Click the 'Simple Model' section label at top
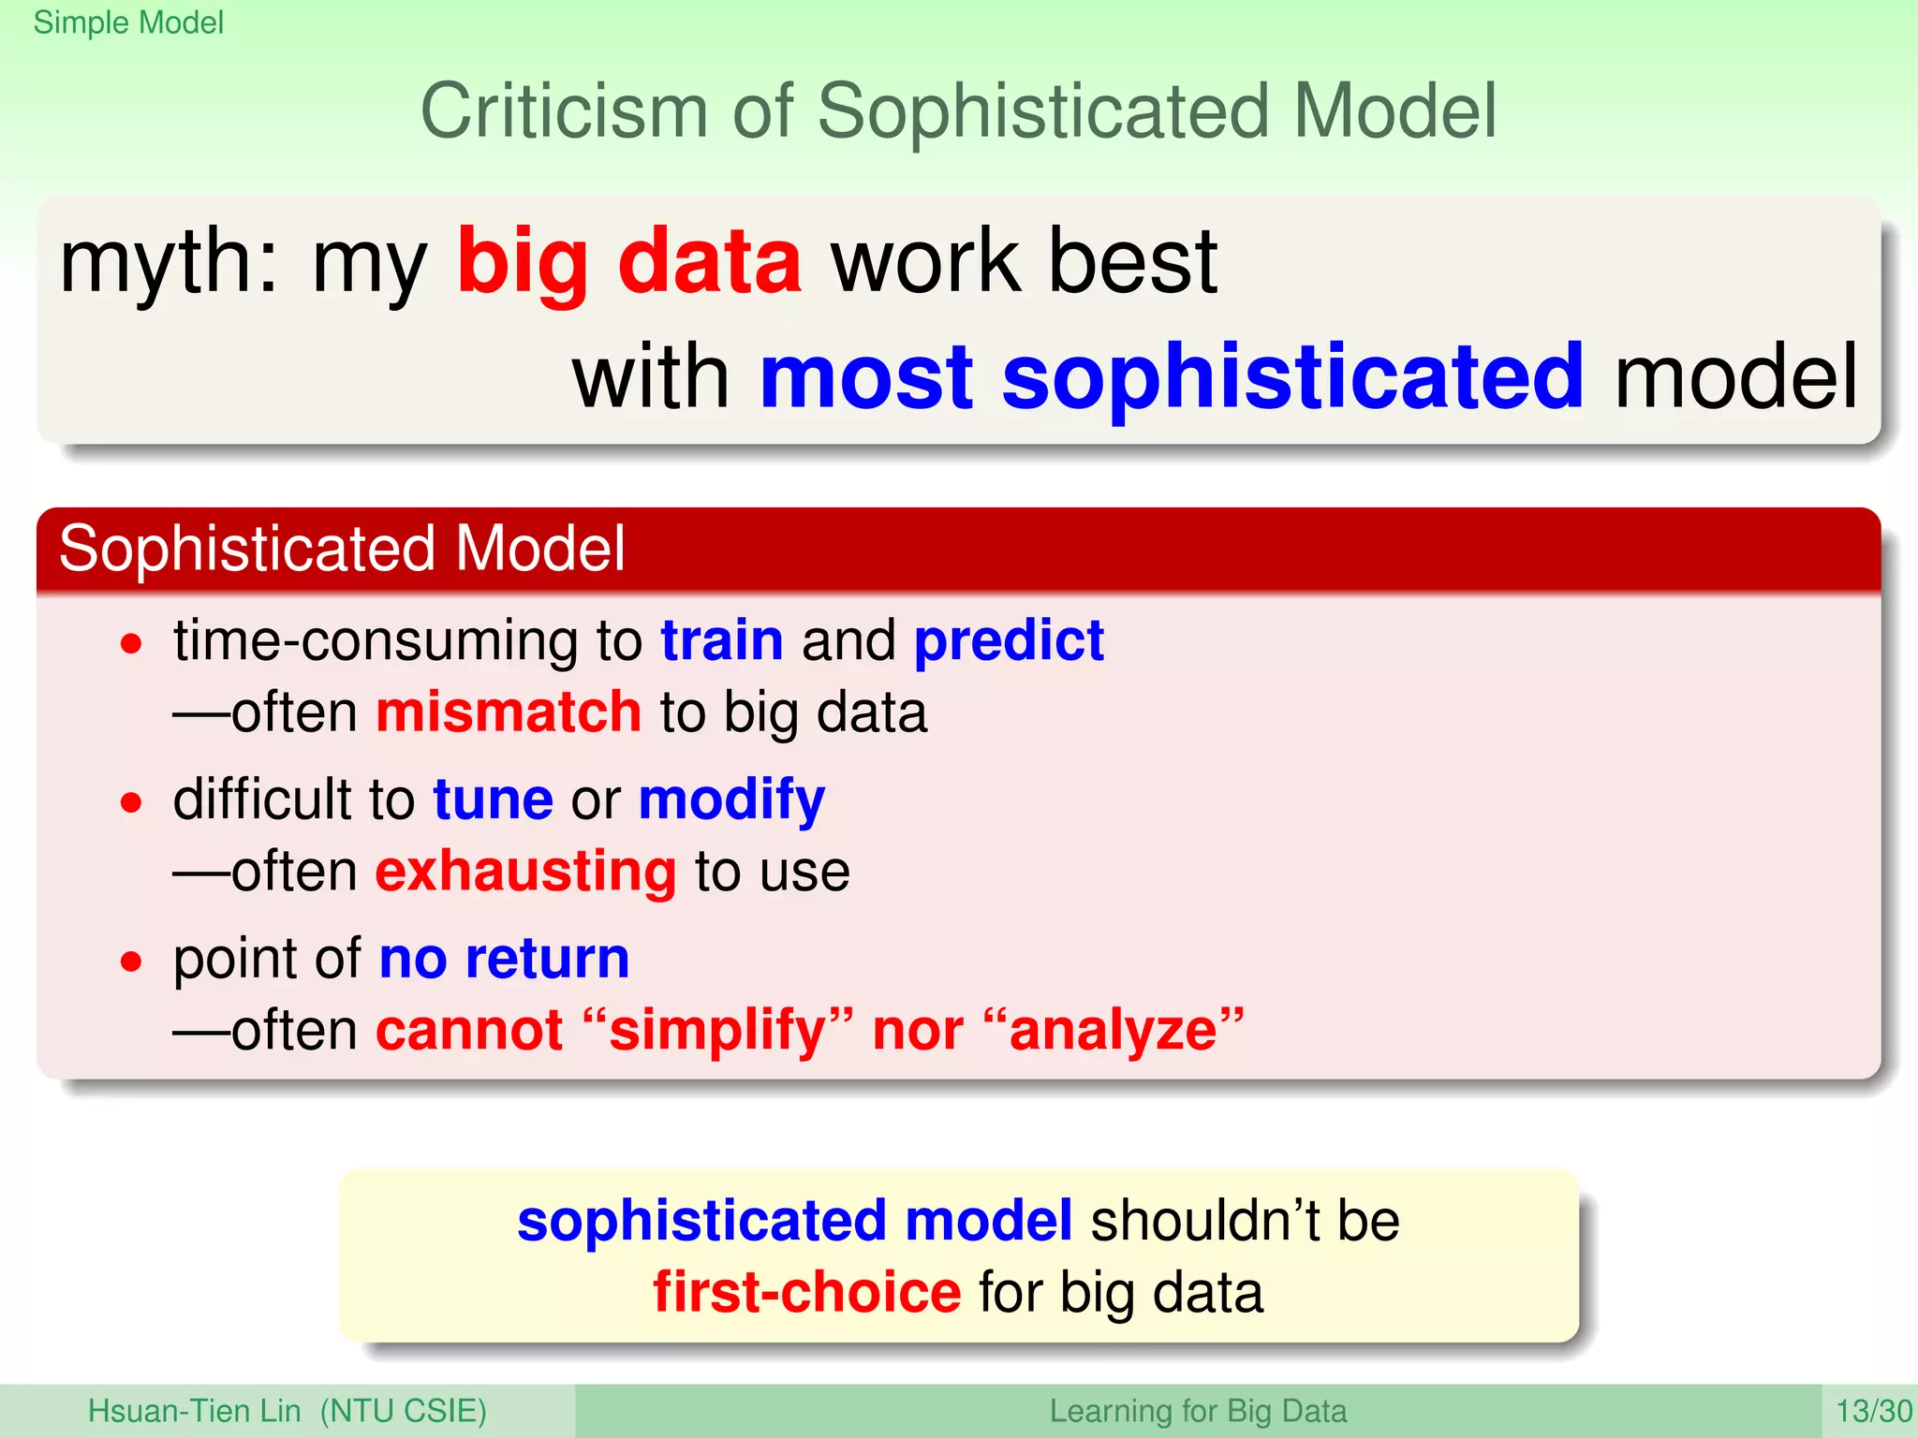(128, 22)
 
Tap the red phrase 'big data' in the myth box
(628, 262)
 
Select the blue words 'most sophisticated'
(1171, 377)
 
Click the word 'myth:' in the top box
(170, 262)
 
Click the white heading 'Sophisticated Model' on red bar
(342, 549)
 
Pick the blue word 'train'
(722, 641)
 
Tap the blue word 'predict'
(1009, 641)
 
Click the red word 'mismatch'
(509, 712)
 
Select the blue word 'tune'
(493, 800)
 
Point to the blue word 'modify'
(731, 800)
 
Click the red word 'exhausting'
(525, 872)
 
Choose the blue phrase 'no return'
(504, 959)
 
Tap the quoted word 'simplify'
(717, 1031)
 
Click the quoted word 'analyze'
(1114, 1031)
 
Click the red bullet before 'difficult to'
(132, 802)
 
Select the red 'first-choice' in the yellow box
(806, 1293)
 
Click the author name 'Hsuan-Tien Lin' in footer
(195, 1411)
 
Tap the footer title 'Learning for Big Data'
(1198, 1411)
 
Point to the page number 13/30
(1873, 1411)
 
